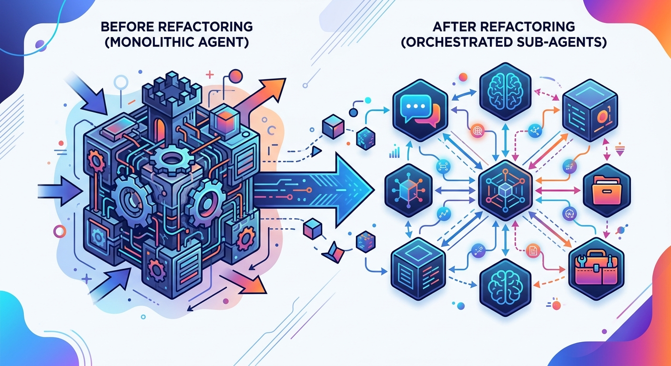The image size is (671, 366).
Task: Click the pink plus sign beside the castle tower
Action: tap(209, 74)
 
